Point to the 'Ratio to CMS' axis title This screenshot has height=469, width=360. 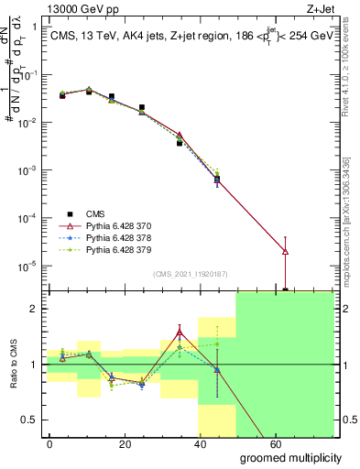13,367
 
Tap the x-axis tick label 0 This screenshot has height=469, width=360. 50,443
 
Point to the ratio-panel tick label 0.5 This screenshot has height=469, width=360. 30,420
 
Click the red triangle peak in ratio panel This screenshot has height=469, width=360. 180,333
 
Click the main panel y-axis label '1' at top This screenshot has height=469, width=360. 35,27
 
